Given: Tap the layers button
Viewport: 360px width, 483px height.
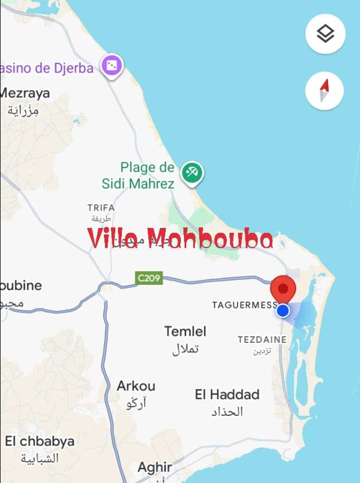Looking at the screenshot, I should pos(325,34).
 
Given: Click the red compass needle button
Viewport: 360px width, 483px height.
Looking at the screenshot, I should pos(324,90).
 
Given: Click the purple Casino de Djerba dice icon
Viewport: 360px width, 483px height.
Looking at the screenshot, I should pos(113,67).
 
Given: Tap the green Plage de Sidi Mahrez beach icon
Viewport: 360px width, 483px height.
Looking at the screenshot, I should pos(192,173).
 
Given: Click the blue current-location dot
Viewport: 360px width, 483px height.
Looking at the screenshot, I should pos(283,310).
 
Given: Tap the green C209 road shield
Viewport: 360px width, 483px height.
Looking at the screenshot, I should pos(149,278).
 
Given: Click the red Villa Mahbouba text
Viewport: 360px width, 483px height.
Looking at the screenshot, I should pos(180,239).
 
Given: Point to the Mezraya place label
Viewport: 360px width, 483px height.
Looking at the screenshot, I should pos(25,93).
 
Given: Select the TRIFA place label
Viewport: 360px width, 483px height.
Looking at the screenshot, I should pos(101,207).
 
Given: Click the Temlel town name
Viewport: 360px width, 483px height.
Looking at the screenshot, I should pos(185,331).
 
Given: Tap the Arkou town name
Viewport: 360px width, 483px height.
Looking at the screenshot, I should pos(136,386).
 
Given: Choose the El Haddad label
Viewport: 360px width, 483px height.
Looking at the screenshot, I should pos(227,394).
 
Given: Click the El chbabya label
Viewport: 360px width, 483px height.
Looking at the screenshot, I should pos(40,441).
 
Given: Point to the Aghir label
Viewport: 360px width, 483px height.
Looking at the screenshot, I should pos(155,467).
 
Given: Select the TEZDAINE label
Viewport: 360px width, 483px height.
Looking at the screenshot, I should pos(262,340).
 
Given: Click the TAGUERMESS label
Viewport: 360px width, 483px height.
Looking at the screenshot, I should pos(244,305).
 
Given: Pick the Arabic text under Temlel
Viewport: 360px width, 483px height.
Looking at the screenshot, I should pos(185,349).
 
